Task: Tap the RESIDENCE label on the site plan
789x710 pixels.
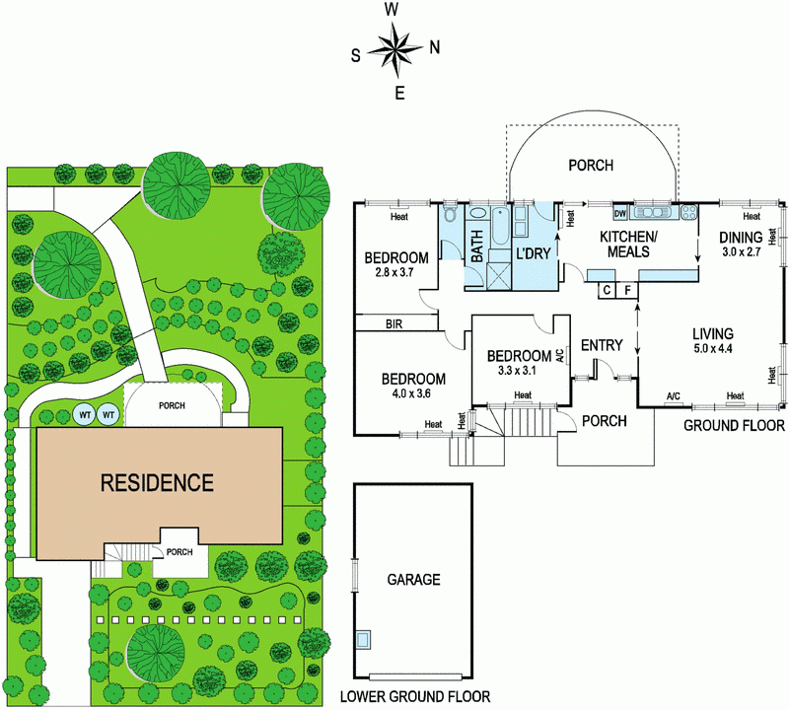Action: (x=157, y=483)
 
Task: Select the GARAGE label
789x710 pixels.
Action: (x=413, y=580)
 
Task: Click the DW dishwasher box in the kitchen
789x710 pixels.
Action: (x=620, y=213)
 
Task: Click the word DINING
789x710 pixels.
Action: (x=740, y=238)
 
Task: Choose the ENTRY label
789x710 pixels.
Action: (x=602, y=345)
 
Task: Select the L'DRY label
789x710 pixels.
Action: (x=533, y=253)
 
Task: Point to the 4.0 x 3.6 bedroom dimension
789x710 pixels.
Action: (x=413, y=394)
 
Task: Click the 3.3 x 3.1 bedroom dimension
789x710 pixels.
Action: (x=518, y=371)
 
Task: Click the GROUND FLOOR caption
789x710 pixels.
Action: (x=735, y=426)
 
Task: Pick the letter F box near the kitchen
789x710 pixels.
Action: (x=627, y=290)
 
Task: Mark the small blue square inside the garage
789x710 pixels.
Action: (x=365, y=638)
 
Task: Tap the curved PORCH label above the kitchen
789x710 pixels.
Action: (x=591, y=166)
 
